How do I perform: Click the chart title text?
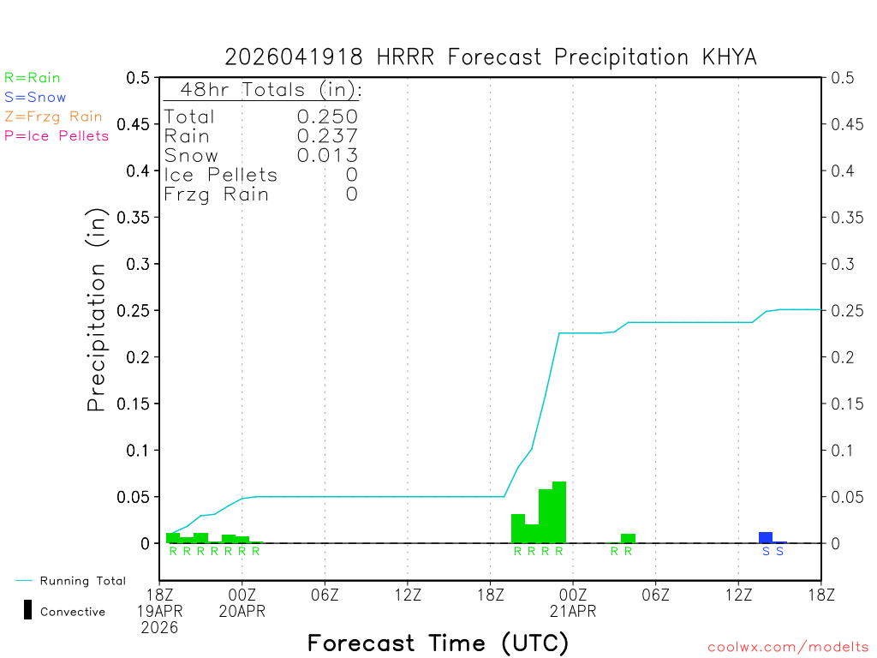click(490, 57)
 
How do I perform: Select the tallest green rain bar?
click(559, 512)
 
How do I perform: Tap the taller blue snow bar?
click(766, 537)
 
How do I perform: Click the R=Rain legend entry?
click(33, 78)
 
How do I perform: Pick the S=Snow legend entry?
click(35, 98)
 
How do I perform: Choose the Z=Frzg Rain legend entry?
click(53, 117)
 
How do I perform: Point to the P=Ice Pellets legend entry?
click(57, 135)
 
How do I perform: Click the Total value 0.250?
click(327, 117)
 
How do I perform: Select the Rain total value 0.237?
click(327, 135)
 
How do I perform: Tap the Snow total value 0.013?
click(327, 155)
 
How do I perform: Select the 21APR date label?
click(573, 611)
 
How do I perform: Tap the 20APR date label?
click(242, 611)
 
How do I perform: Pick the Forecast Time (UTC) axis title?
click(438, 643)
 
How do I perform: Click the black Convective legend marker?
click(27, 610)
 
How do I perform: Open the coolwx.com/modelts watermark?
click(788, 647)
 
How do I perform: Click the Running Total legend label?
click(82, 581)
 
